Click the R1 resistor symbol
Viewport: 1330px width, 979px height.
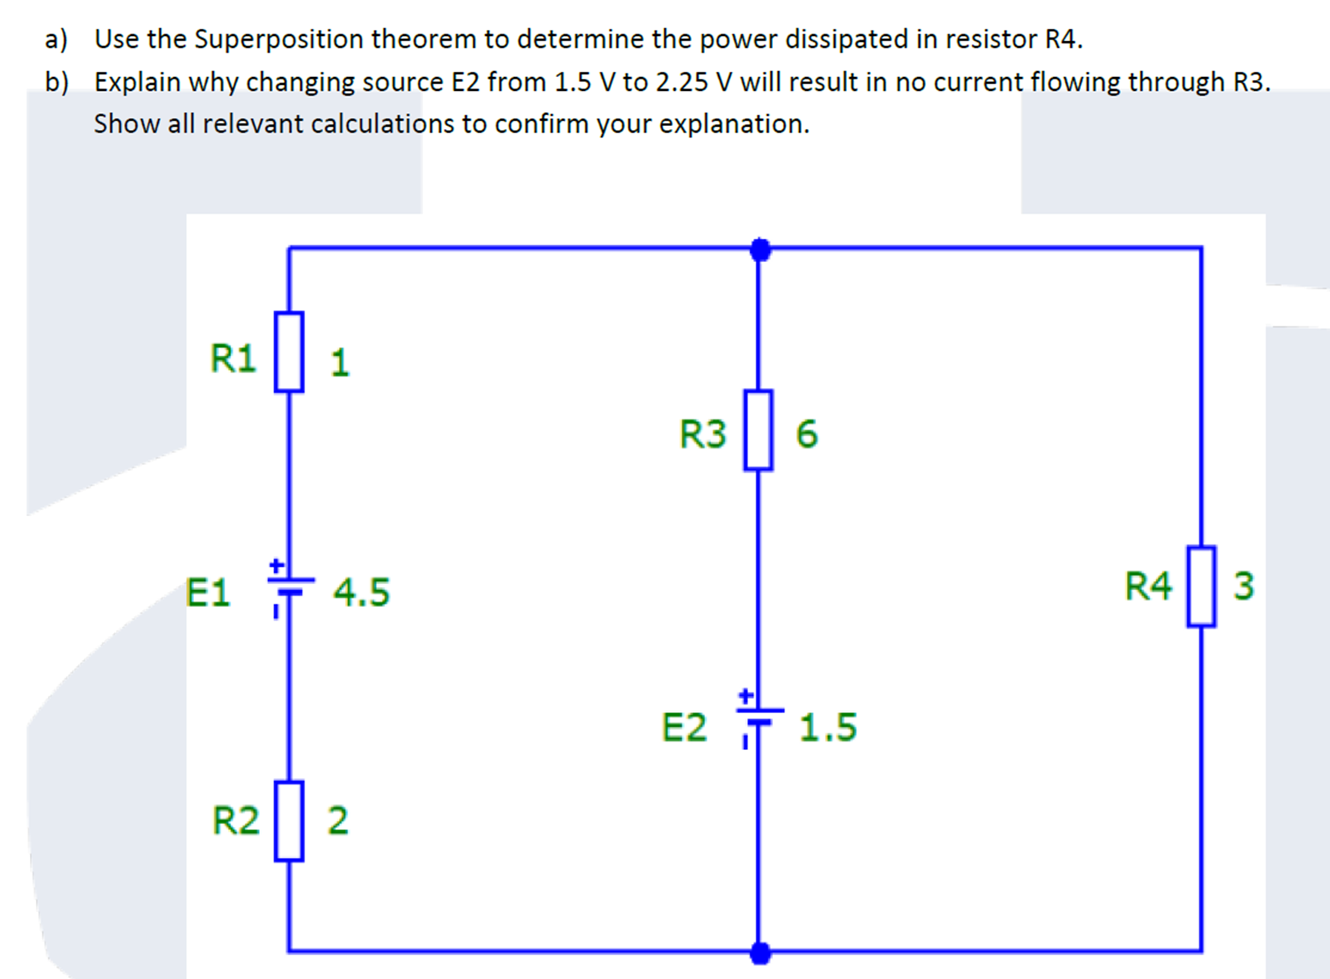click(289, 351)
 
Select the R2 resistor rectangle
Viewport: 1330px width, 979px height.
click(289, 820)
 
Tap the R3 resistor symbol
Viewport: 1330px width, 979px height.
click(758, 430)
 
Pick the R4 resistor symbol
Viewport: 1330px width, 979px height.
click(1201, 586)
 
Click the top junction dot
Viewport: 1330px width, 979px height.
click(760, 249)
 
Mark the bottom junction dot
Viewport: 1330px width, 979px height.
click(760, 952)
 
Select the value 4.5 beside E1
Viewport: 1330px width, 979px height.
click(361, 593)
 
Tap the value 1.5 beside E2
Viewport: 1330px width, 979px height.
click(828, 727)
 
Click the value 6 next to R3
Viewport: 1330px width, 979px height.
click(807, 434)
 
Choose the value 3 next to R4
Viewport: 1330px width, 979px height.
click(1244, 586)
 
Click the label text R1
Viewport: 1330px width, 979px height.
click(233, 358)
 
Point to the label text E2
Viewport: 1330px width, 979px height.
click(684, 727)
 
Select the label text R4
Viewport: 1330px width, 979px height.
click(1147, 586)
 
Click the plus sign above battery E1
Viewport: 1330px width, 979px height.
click(277, 566)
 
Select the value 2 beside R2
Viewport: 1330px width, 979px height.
click(338, 820)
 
